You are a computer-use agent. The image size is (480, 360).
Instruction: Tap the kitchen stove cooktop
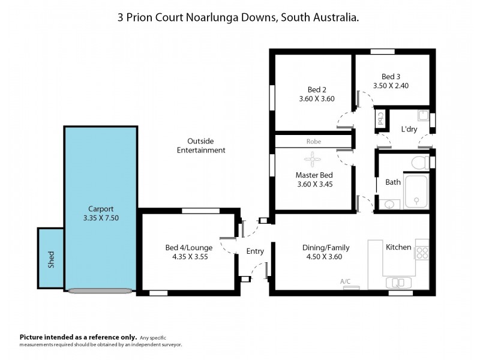click(x=422, y=252)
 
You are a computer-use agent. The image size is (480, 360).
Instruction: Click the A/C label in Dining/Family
click(x=345, y=281)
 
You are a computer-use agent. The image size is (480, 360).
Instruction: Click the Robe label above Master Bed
click(x=313, y=142)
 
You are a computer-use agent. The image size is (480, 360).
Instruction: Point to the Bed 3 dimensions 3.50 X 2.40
click(x=391, y=86)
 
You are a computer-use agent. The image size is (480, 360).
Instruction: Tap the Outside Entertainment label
click(x=201, y=146)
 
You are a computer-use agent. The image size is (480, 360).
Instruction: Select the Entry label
click(x=255, y=251)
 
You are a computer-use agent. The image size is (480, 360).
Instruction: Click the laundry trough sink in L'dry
click(x=424, y=115)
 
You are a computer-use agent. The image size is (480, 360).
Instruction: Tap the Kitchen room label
click(x=398, y=247)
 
